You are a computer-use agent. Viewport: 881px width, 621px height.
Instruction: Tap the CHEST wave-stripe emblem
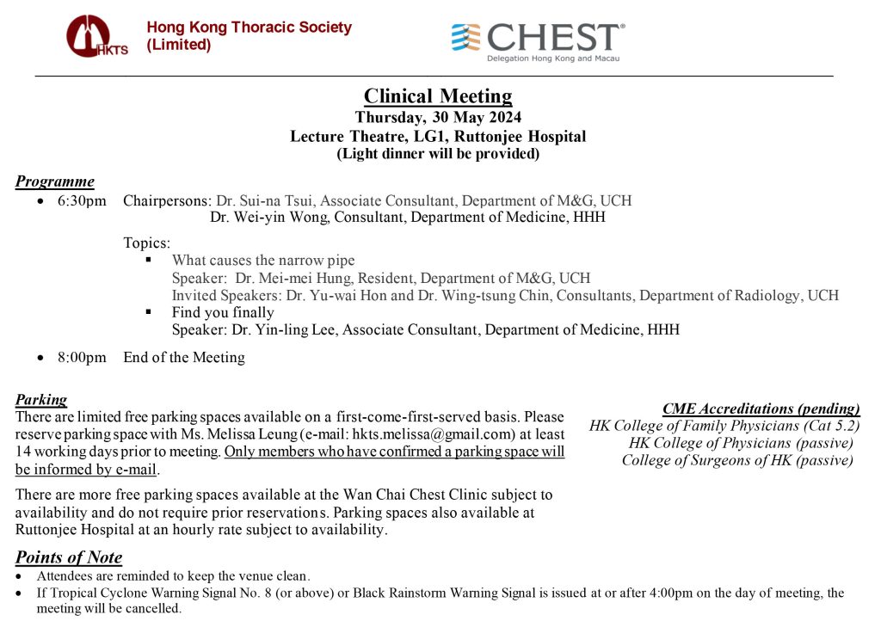point(467,38)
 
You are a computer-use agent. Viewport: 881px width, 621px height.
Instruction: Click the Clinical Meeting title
point(437,95)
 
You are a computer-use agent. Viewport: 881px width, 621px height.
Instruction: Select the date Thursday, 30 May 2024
point(437,118)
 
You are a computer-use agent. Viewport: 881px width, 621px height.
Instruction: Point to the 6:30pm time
point(83,200)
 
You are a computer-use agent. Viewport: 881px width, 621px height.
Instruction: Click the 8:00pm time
point(83,357)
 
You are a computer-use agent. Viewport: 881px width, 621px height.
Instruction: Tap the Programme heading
point(55,181)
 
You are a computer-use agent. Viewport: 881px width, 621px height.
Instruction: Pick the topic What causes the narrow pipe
point(263,260)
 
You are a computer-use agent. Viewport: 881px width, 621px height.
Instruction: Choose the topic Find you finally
point(223,312)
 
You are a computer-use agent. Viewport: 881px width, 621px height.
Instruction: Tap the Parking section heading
point(41,399)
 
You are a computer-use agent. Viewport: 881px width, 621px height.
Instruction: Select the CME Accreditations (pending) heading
point(761,409)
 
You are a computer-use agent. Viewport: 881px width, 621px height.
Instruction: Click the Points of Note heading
point(69,557)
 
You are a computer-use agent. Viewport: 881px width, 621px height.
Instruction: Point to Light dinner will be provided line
point(437,154)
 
